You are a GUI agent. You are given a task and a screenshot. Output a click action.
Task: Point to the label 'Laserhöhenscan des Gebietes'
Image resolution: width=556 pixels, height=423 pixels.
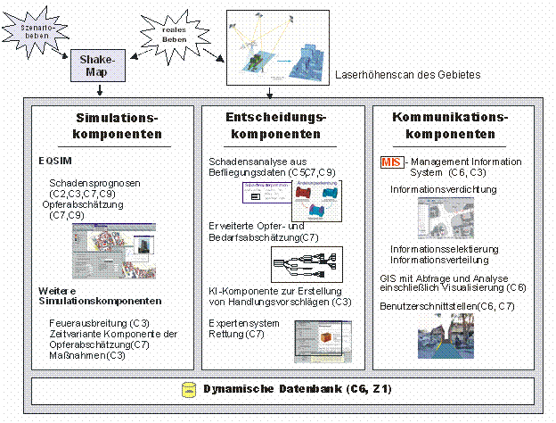407,75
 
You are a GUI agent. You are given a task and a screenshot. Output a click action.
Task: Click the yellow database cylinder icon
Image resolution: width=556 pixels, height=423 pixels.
188,390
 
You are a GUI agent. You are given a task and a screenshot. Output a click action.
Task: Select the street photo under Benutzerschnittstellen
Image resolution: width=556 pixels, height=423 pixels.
439,334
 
